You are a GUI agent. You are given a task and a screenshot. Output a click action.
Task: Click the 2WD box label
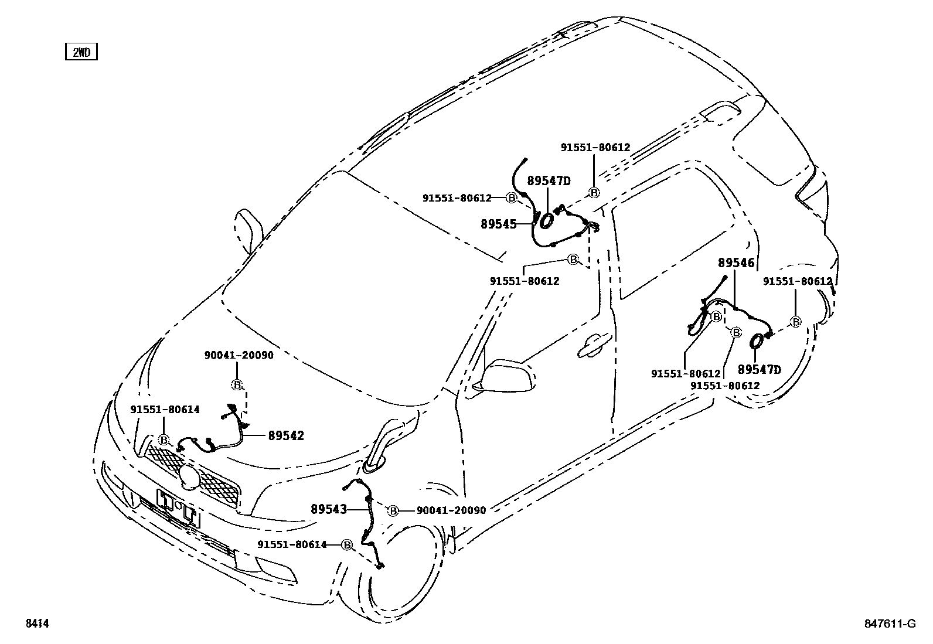pyautogui.click(x=81, y=52)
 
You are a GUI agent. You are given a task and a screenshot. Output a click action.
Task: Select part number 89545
pyautogui.click(x=498, y=223)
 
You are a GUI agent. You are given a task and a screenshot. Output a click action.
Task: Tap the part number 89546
pyautogui.click(x=737, y=264)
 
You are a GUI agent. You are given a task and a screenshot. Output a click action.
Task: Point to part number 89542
pyautogui.click(x=286, y=435)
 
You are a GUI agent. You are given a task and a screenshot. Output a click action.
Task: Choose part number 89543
pyautogui.click(x=329, y=509)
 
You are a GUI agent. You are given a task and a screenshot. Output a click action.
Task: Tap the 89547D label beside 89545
pyautogui.click(x=549, y=181)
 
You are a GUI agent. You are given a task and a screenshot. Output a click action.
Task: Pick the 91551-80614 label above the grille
pyautogui.click(x=165, y=410)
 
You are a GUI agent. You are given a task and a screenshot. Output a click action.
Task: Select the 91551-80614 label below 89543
pyautogui.click(x=292, y=544)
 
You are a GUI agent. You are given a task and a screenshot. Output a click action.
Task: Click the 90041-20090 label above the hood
pyautogui.click(x=239, y=355)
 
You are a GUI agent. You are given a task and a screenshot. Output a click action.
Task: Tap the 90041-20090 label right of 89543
pyautogui.click(x=451, y=510)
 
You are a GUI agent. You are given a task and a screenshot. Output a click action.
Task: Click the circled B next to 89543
pyautogui.click(x=393, y=511)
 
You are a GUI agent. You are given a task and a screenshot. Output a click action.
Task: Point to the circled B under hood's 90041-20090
pyautogui.click(x=237, y=385)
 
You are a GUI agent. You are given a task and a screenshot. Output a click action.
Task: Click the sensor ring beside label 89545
pyautogui.click(x=546, y=220)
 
